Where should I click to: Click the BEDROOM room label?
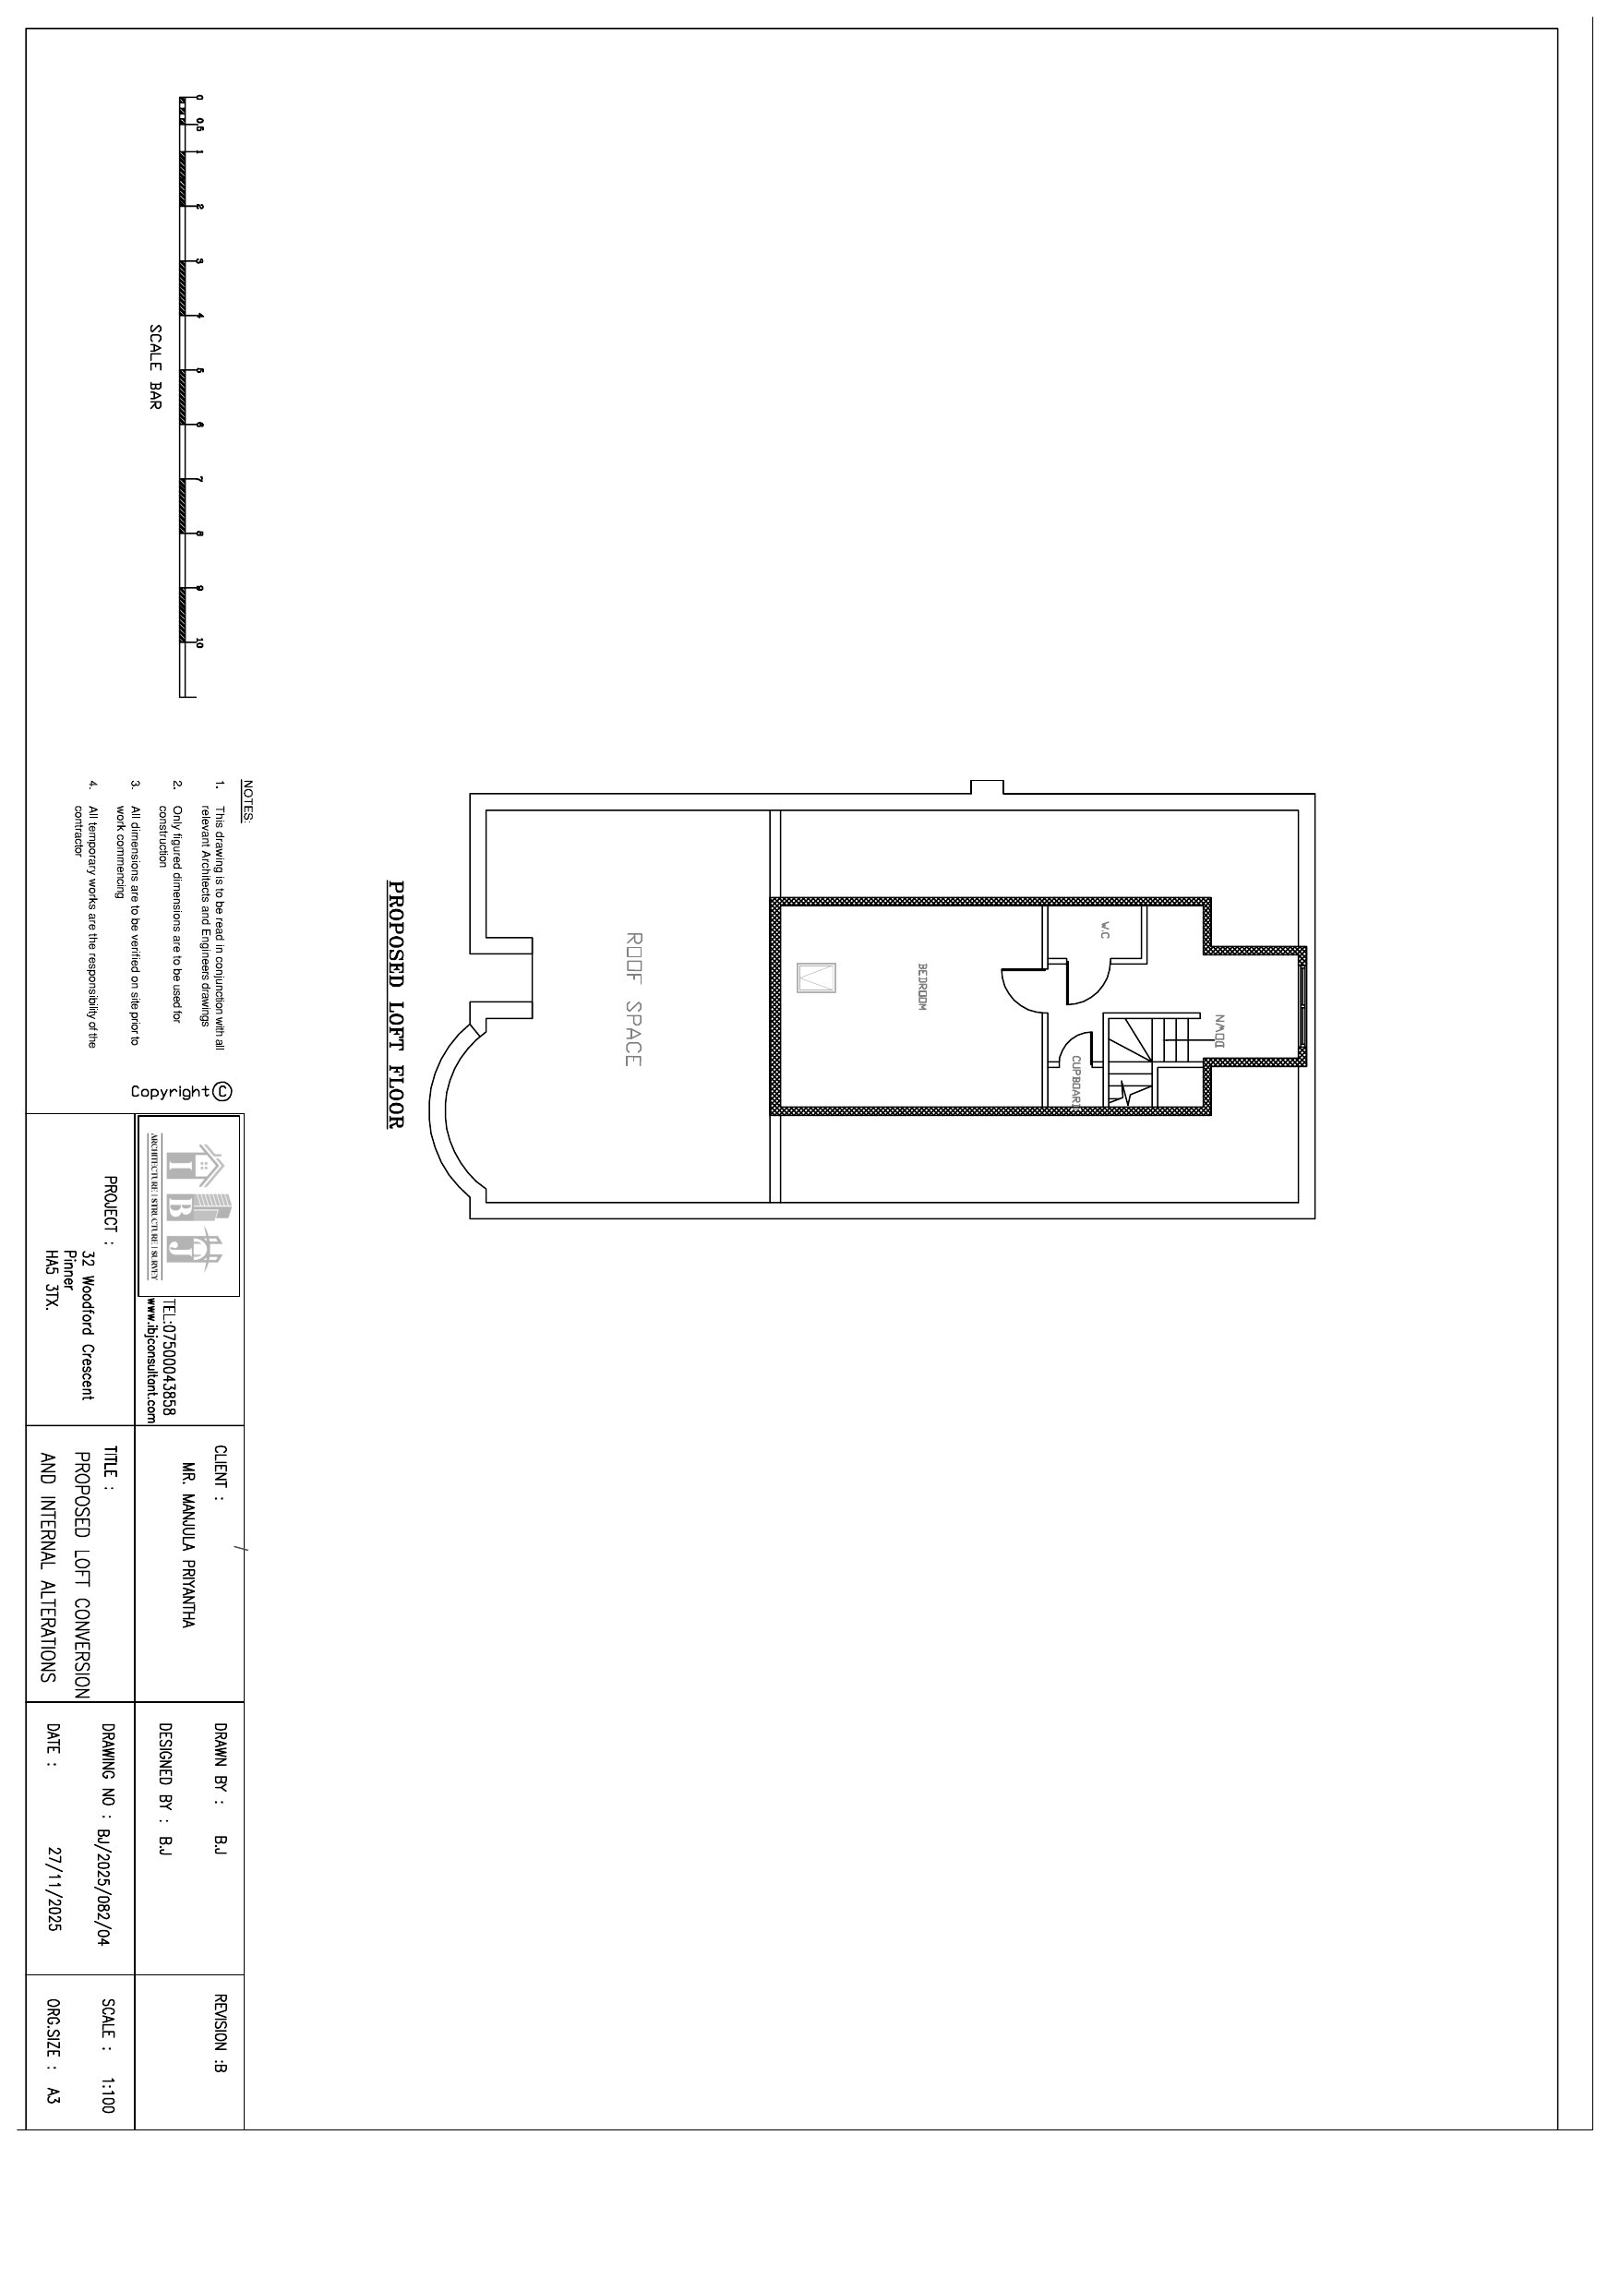click(x=923, y=988)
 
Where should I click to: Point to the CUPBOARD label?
click(x=1077, y=1083)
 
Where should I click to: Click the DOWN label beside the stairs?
click(x=1218, y=1032)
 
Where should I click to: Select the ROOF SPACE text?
click(x=633, y=999)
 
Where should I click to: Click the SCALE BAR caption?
click(x=155, y=366)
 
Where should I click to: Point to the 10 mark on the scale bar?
click(x=199, y=643)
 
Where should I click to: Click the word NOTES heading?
click(x=247, y=800)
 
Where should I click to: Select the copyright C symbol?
click(x=222, y=1091)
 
